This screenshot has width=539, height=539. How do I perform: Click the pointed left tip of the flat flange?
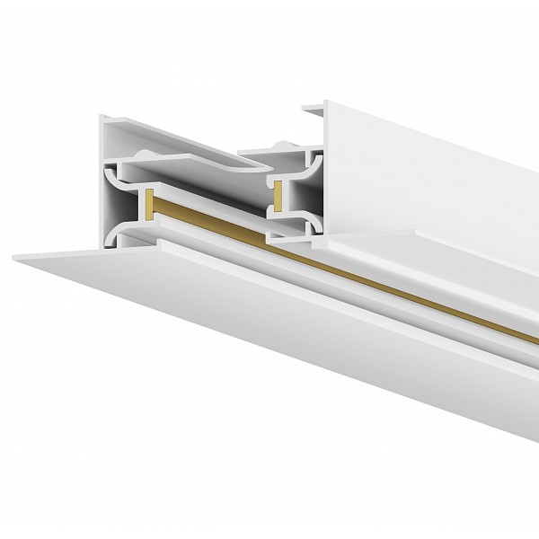(x=16, y=258)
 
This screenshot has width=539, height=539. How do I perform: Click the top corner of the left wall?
(x=102, y=116)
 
